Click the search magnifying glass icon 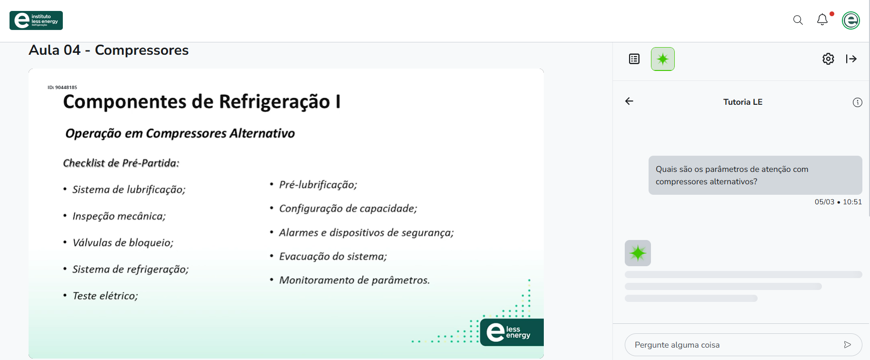[798, 20]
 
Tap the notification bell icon [822, 20]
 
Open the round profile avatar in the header [851, 20]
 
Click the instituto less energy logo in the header [36, 20]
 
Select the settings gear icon [828, 59]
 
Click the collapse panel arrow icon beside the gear [851, 59]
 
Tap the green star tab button [663, 59]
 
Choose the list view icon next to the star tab [634, 59]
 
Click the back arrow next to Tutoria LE [629, 101]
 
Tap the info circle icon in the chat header [857, 102]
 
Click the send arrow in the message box [847, 345]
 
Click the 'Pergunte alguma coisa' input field [733, 345]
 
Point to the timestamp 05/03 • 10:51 [838, 202]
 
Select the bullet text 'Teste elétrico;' [105, 296]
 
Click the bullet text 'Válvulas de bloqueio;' [123, 242]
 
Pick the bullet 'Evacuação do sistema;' [333, 256]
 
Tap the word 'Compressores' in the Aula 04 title [142, 50]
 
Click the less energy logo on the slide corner [511, 332]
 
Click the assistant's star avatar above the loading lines [638, 253]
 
